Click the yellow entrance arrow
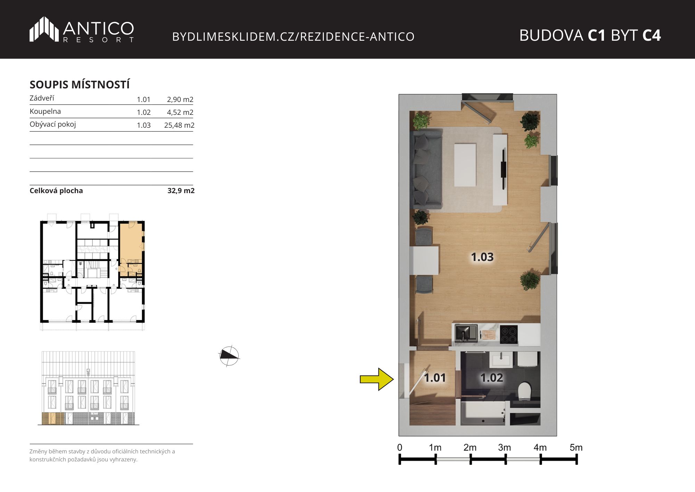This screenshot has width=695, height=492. click(377, 379)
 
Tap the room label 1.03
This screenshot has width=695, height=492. click(482, 257)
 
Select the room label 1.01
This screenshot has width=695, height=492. click(435, 378)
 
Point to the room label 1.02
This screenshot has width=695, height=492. click(492, 378)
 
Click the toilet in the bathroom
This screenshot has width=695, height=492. click(525, 391)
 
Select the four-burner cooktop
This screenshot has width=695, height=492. click(509, 334)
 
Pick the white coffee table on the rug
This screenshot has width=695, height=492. click(465, 165)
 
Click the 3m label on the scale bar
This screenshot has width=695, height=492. click(505, 447)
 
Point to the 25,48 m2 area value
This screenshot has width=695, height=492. click(179, 125)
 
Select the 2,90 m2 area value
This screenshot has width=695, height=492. click(180, 100)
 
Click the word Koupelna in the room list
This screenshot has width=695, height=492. click(45, 111)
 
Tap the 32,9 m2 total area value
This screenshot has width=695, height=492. click(181, 191)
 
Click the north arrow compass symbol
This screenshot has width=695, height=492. click(229, 356)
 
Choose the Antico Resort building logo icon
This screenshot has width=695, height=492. click(44, 29)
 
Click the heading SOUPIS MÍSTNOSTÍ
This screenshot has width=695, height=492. click(80, 85)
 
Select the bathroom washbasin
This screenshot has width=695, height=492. click(501, 359)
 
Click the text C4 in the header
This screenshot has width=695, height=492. click(652, 35)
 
